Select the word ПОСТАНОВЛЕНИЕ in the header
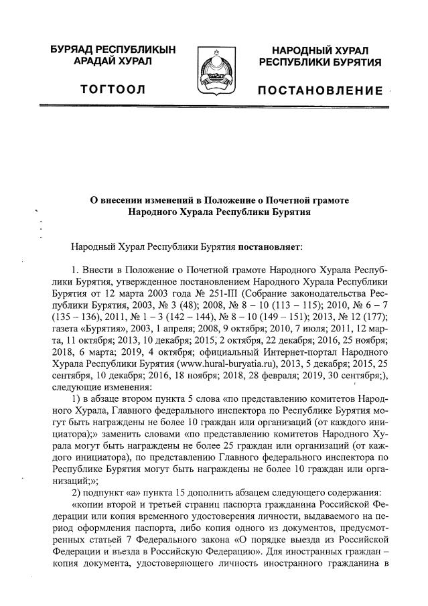coord(321,90)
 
